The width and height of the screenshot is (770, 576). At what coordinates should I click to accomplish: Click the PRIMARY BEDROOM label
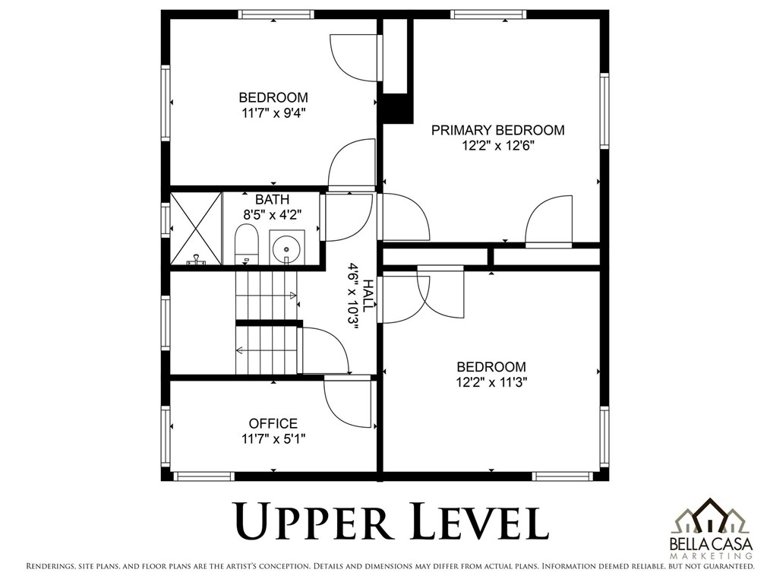click(x=498, y=130)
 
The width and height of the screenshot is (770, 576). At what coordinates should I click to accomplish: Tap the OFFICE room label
click(x=273, y=423)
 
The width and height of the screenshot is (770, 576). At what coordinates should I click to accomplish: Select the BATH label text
click(x=272, y=200)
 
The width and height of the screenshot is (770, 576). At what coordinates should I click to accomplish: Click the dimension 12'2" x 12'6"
click(x=498, y=146)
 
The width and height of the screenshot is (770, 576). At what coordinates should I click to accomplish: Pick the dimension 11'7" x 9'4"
click(x=273, y=113)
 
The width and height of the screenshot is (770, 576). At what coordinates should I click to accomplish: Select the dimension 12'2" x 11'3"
click(x=491, y=382)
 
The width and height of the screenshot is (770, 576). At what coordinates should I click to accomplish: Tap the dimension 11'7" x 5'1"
click(x=273, y=438)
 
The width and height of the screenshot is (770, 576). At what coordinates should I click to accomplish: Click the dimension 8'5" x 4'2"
click(x=272, y=215)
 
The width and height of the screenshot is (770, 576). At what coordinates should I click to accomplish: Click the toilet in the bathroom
click(x=247, y=244)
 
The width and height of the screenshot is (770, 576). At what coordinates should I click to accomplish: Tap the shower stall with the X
click(x=195, y=229)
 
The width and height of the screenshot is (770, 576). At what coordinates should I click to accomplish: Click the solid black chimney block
click(x=397, y=108)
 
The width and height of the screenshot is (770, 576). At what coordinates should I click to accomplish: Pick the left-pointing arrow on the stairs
click(x=241, y=350)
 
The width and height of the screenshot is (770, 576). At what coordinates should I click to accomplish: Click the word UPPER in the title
click(x=314, y=521)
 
